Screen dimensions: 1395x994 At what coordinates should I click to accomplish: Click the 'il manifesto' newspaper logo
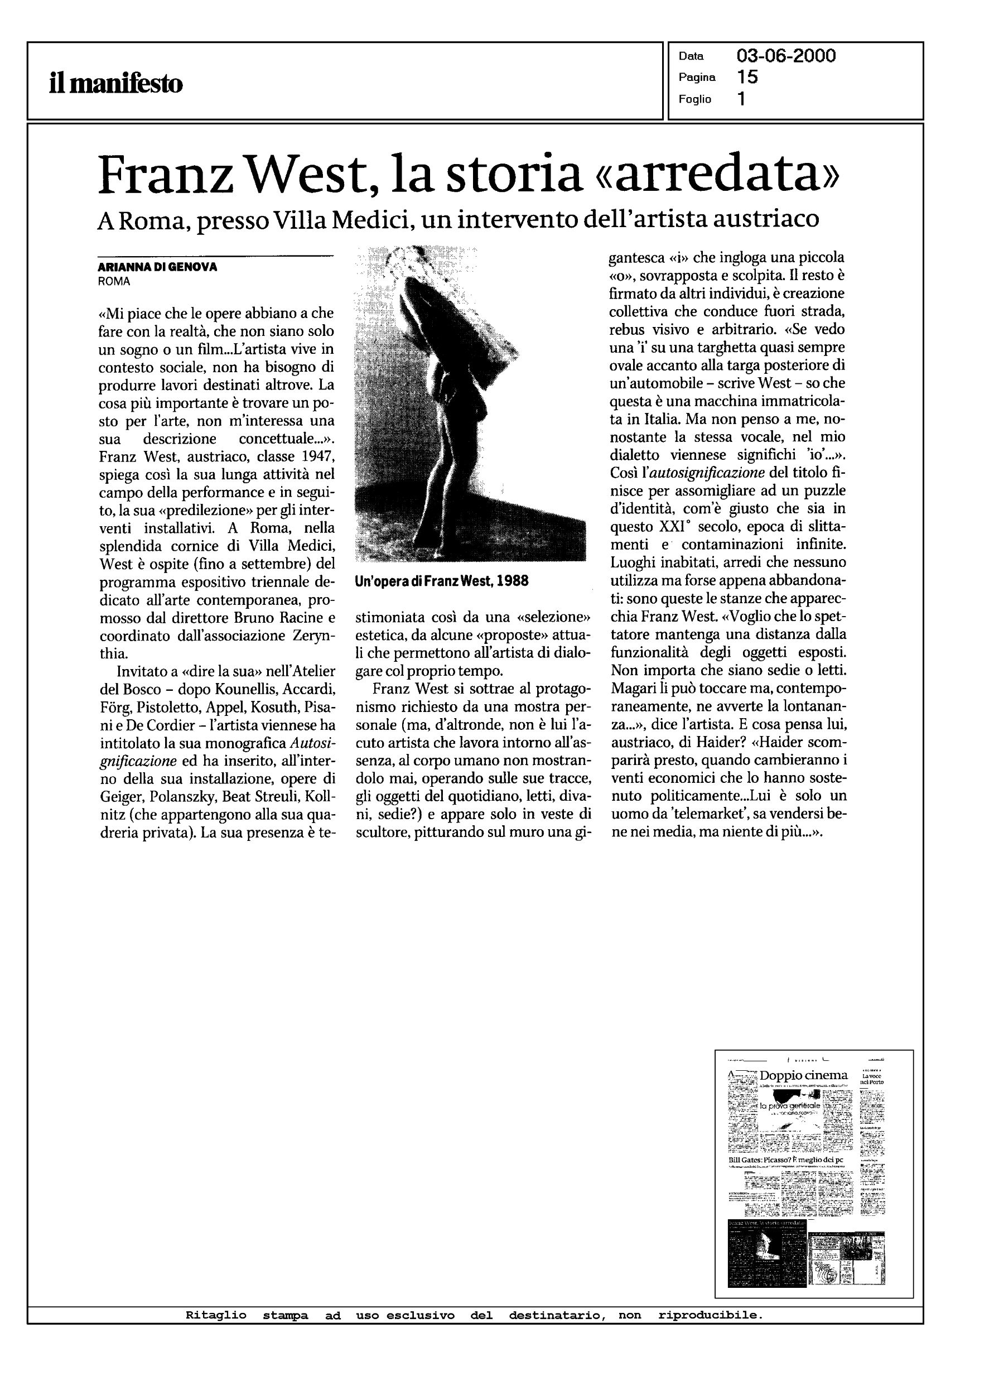point(115,83)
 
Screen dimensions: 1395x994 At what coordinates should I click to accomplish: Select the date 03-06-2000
point(786,56)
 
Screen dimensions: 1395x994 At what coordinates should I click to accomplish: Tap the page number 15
point(747,77)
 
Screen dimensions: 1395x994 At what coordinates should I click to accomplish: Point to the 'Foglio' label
point(694,99)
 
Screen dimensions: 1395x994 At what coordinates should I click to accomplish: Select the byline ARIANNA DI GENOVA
point(157,267)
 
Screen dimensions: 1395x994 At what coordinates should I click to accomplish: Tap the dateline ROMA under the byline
point(114,282)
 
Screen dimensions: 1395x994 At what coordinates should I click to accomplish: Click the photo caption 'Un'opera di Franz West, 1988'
point(441,581)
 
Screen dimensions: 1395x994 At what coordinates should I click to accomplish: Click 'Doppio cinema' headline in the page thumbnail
point(803,1075)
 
